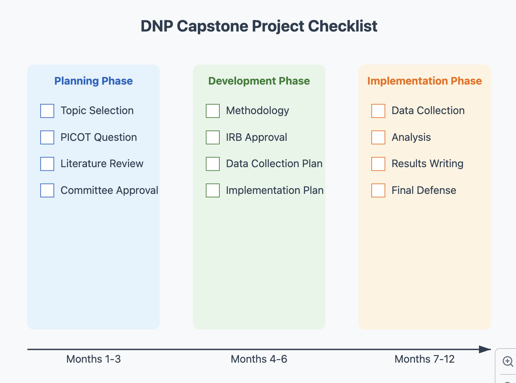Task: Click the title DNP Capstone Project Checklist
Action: click(259, 26)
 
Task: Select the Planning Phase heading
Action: click(93, 81)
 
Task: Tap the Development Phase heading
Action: click(259, 81)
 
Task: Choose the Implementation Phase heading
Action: click(424, 81)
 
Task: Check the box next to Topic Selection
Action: click(47, 111)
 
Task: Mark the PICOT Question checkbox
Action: click(47, 137)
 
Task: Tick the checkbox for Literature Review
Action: click(47, 164)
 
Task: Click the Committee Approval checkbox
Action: click(47, 190)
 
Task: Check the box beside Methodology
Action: click(213, 111)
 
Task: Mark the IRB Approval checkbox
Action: click(213, 137)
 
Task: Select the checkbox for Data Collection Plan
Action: click(213, 164)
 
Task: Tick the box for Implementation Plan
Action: click(213, 190)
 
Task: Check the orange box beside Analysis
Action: click(378, 137)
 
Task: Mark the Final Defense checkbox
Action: click(378, 190)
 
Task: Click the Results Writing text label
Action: click(427, 164)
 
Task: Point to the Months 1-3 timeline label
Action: click(93, 359)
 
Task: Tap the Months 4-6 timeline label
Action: click(259, 359)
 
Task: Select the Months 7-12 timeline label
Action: click(424, 359)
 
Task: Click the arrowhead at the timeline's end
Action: click(485, 349)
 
